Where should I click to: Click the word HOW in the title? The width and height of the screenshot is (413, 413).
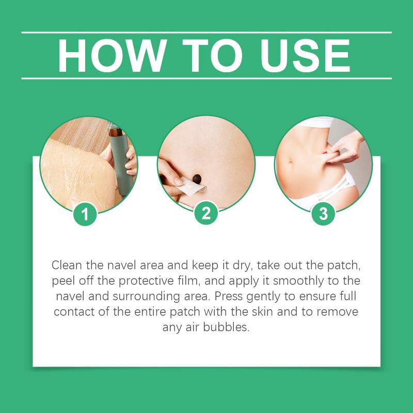[x=112, y=56]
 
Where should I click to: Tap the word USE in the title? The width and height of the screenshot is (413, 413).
[x=305, y=56]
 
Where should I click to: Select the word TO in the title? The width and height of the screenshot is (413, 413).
[x=212, y=56]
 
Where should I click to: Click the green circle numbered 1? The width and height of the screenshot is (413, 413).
[x=85, y=214]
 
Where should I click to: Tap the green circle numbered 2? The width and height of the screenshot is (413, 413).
[x=206, y=213]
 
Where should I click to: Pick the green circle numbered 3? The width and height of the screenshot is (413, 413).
[x=323, y=214]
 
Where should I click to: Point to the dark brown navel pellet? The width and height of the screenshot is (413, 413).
[x=197, y=179]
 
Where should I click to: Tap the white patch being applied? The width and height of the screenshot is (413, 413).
[x=192, y=186]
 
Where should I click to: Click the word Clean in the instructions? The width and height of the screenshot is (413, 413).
[x=67, y=265]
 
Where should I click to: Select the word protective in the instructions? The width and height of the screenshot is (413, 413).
[x=146, y=281]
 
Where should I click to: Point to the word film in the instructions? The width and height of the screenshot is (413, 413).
[x=188, y=281]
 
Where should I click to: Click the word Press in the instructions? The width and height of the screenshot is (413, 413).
[x=228, y=296]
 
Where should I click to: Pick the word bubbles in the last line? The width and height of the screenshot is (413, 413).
[x=226, y=327]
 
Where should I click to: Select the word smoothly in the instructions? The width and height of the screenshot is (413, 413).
[x=298, y=281]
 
